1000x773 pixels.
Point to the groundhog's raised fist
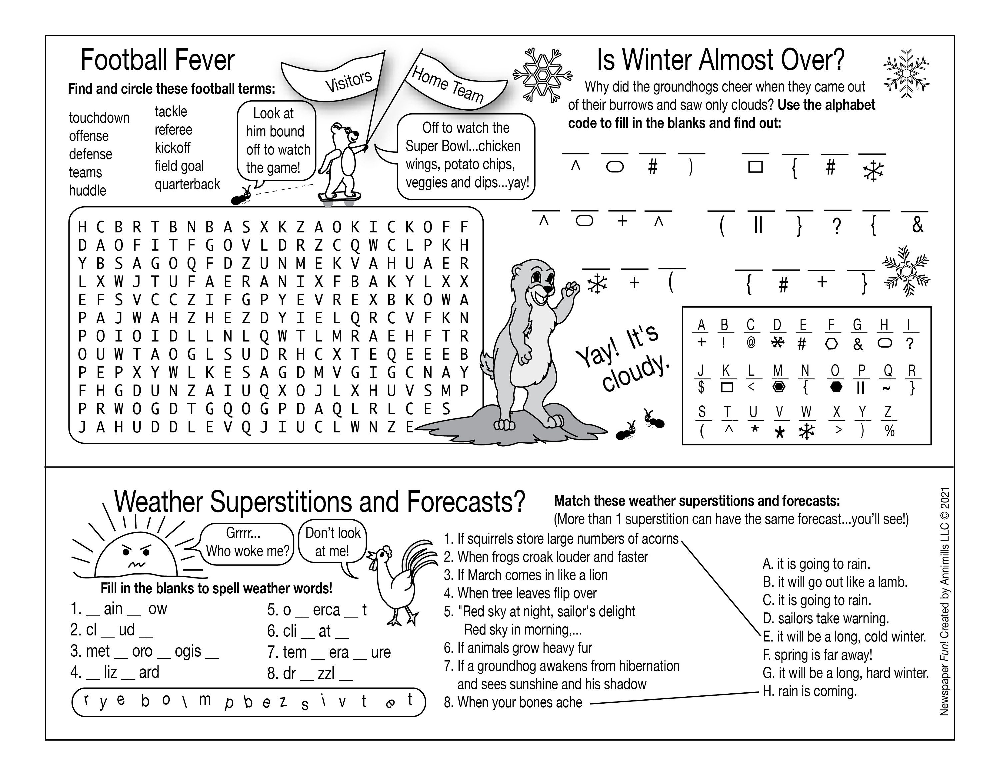pos(571,289)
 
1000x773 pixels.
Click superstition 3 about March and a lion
pos(526,575)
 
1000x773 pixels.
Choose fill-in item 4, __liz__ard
pos(114,672)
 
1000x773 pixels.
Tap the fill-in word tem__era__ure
pos(329,652)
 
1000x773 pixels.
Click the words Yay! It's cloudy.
pos(623,357)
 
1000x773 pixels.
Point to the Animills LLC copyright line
pos(944,600)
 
